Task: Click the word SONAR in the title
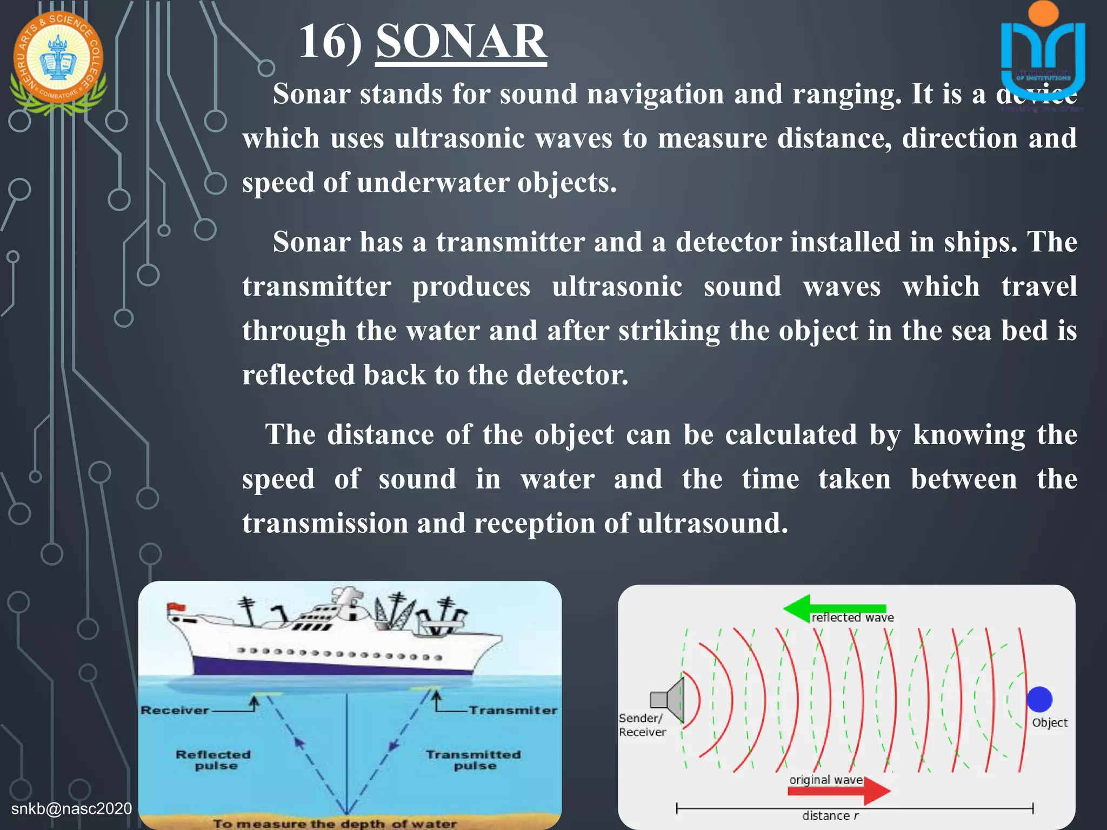(x=461, y=42)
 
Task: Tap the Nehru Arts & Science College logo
(x=58, y=61)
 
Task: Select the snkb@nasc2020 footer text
(x=71, y=808)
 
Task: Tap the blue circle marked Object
(x=1039, y=699)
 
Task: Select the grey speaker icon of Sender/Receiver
(x=668, y=700)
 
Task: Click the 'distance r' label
(x=830, y=816)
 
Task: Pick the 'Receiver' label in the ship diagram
(x=175, y=710)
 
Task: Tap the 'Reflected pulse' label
(x=214, y=760)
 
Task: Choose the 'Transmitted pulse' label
(x=474, y=760)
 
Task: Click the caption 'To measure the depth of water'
(x=335, y=824)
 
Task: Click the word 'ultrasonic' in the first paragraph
(x=459, y=138)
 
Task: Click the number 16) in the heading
(x=330, y=42)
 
